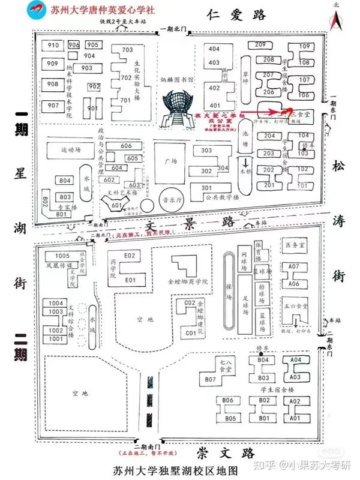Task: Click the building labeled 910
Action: click(53, 46)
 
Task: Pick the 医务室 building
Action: click(294, 245)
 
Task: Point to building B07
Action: click(210, 379)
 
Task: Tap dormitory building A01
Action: click(294, 417)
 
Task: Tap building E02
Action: click(130, 256)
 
